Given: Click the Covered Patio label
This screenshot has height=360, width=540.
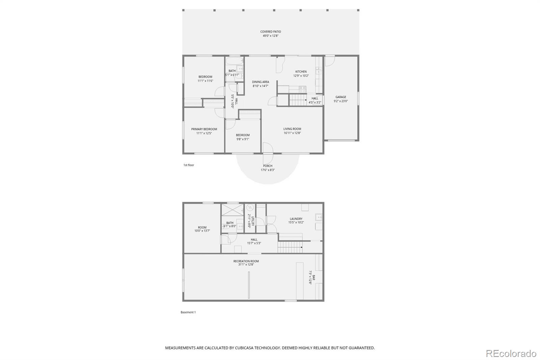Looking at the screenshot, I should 270,32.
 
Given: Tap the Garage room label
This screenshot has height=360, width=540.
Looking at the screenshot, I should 341,97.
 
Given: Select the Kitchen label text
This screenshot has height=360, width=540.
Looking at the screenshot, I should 301,72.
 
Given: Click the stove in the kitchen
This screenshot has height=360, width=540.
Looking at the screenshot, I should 302,89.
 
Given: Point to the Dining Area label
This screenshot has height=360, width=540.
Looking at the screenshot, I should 260,82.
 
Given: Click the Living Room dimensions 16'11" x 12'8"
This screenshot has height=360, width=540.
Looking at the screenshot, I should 292,133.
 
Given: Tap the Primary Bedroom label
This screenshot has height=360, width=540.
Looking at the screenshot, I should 204,129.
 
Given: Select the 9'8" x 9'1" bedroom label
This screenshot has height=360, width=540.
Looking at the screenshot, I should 242,139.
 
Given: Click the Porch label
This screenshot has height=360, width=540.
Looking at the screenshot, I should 268,166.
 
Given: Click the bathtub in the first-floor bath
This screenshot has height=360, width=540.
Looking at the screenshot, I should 234,61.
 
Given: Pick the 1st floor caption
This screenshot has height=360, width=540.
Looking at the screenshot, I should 189,165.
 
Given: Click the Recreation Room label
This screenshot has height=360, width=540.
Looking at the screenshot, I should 246,261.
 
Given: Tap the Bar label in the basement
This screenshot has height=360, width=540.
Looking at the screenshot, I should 314,278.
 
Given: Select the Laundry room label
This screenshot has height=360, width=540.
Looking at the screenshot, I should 296,219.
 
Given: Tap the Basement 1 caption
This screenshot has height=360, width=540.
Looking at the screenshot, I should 188,312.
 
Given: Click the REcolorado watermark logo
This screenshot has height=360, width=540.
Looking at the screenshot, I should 511,354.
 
